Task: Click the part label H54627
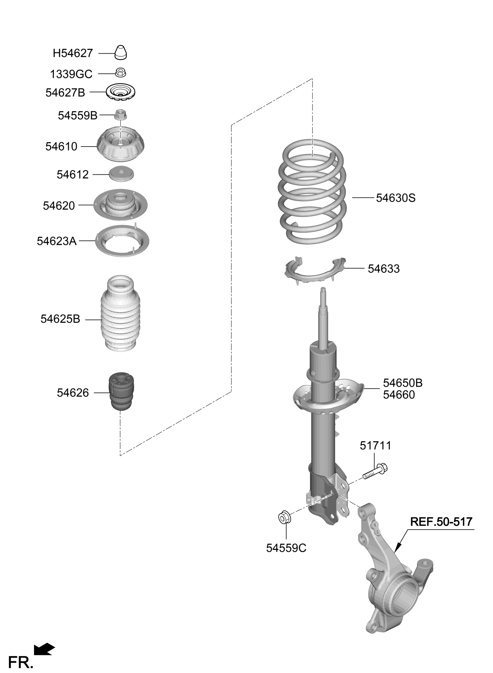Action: [x=73, y=53]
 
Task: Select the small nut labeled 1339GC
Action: [x=121, y=72]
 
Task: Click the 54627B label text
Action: [x=65, y=93]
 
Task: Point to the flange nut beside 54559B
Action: [x=121, y=115]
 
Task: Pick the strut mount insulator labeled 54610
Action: [x=121, y=144]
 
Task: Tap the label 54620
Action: [x=59, y=206]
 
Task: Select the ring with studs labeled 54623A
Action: [x=122, y=241]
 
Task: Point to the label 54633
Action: [x=383, y=269]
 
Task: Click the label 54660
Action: [x=399, y=395]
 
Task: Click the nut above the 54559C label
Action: [x=284, y=518]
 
